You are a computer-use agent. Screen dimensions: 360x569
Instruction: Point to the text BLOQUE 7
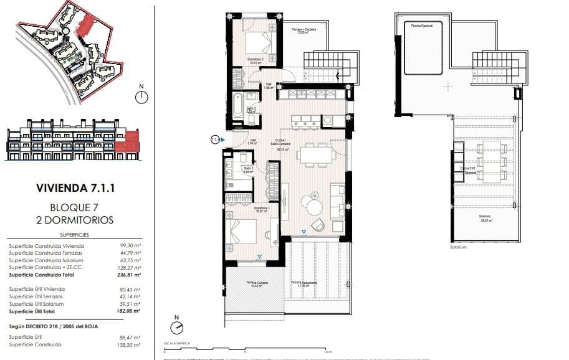click(x=74, y=207)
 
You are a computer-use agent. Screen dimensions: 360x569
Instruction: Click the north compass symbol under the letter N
click(x=142, y=97)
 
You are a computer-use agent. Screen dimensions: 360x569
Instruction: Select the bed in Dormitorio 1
click(x=242, y=232)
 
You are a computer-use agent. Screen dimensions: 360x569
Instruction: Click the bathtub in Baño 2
click(x=237, y=108)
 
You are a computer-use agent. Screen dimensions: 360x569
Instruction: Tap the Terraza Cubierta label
click(x=256, y=284)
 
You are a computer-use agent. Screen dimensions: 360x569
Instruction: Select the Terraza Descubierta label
click(x=305, y=283)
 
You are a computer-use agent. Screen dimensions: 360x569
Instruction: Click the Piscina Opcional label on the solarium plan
click(x=423, y=25)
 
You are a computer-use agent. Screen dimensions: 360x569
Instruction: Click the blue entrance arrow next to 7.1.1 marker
click(x=223, y=140)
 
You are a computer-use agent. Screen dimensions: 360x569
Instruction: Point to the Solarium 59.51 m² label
click(x=485, y=218)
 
